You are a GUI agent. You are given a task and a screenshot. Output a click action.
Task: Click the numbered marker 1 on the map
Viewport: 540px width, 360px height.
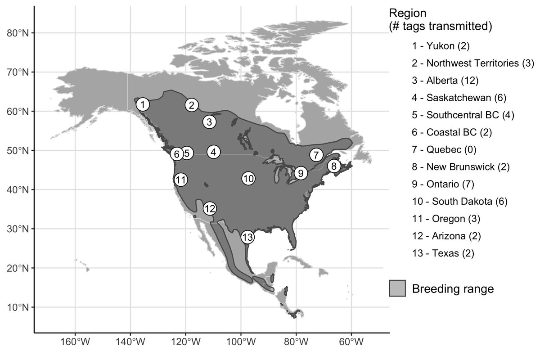tap(143, 104)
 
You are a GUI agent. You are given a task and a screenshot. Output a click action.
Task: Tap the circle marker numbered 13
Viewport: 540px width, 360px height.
tap(247, 237)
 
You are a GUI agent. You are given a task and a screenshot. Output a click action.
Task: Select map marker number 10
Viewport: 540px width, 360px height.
tap(248, 178)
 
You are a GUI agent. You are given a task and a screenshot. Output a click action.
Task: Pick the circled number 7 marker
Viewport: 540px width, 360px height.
tap(316, 155)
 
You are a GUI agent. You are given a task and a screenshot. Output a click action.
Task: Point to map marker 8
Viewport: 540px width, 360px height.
tap(333, 166)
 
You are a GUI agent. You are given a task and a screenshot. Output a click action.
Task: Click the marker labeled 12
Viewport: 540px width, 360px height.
tap(210, 208)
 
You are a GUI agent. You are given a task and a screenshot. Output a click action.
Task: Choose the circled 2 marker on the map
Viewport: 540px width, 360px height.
tap(192, 105)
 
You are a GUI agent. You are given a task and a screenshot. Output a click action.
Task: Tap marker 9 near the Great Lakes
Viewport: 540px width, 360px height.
tap(301, 172)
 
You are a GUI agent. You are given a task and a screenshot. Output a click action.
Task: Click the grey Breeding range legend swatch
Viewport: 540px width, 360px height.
tap(397, 288)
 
